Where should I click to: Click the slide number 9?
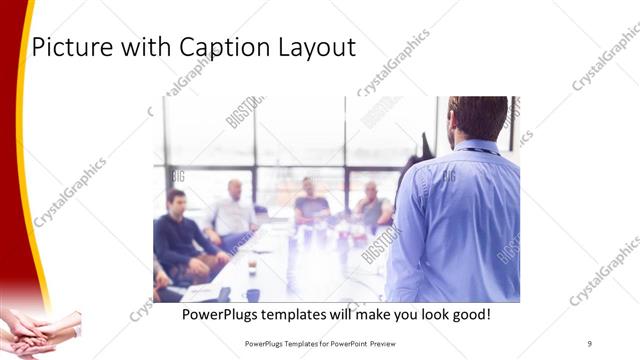pyautogui.click(x=590, y=343)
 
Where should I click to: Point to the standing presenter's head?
pyautogui.click(x=478, y=118)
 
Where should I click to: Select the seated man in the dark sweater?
pyautogui.click(x=178, y=235)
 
